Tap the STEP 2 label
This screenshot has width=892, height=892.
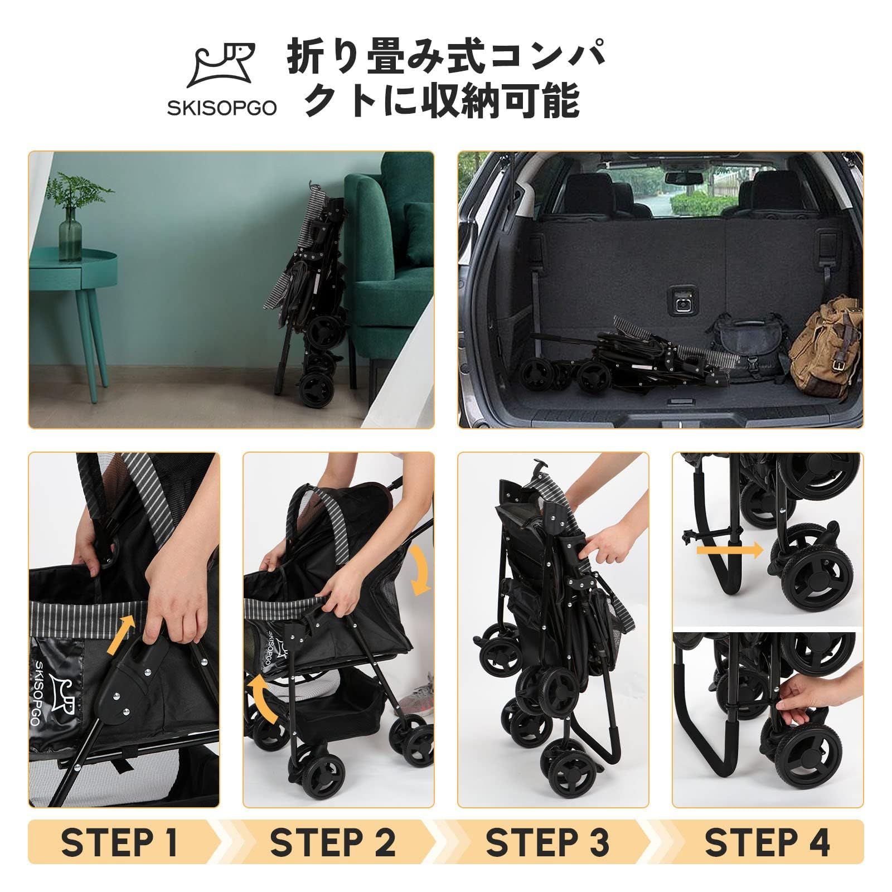[x=333, y=842]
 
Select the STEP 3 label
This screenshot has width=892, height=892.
[x=547, y=842]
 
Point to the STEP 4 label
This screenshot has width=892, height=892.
[x=767, y=842]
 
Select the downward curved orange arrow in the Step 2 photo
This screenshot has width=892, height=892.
[x=419, y=571]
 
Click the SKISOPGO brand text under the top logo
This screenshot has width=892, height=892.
[x=221, y=108]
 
